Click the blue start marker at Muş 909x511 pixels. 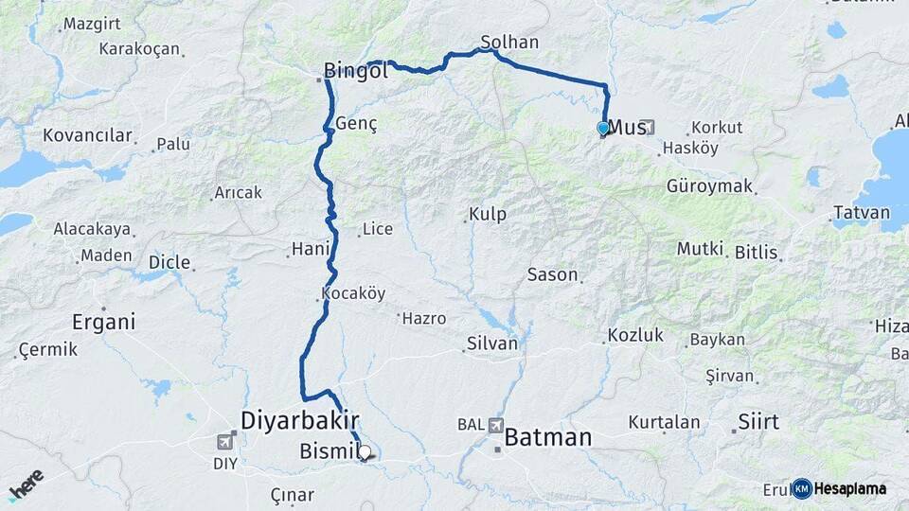click(603, 128)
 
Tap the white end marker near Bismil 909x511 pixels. click(365, 451)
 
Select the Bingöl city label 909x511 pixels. click(356, 70)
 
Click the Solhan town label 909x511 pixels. click(509, 43)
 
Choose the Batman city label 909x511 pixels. click(548, 438)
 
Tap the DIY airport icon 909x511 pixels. click(225, 441)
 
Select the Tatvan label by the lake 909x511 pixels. click(862, 212)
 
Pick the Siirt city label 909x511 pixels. click(759, 421)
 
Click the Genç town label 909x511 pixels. click(356, 125)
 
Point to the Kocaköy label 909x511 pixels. click(353, 293)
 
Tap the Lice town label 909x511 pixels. click(377, 229)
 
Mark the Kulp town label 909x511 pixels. click(488, 215)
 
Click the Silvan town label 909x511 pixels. click(492, 344)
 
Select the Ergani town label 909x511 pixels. click(104, 322)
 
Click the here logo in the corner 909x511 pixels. click(26, 485)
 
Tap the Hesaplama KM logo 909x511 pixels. click(841, 488)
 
